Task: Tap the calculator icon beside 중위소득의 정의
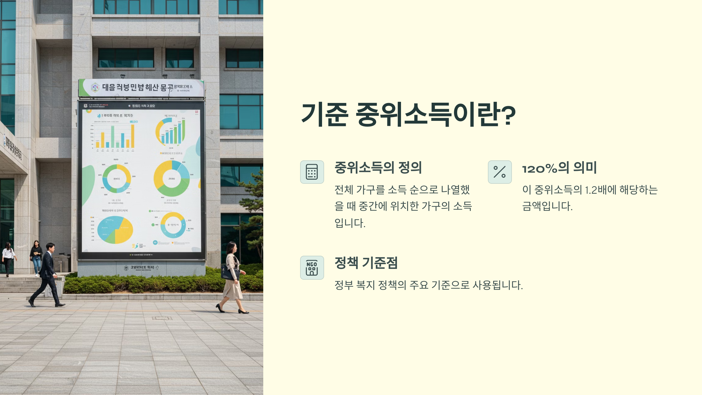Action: coord(312,172)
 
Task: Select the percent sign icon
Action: coord(500,172)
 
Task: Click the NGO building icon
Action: coord(312,268)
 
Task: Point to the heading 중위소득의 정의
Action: coord(378,168)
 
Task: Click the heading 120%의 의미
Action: coord(559,168)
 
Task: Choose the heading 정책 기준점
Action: coord(366,263)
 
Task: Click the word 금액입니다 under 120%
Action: coord(547,207)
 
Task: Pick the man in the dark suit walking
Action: coord(48,275)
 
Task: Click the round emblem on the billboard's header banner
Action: coord(95,87)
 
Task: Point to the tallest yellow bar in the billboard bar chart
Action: coord(133,136)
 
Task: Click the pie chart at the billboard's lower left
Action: coord(115,230)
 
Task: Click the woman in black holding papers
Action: coord(36,256)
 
